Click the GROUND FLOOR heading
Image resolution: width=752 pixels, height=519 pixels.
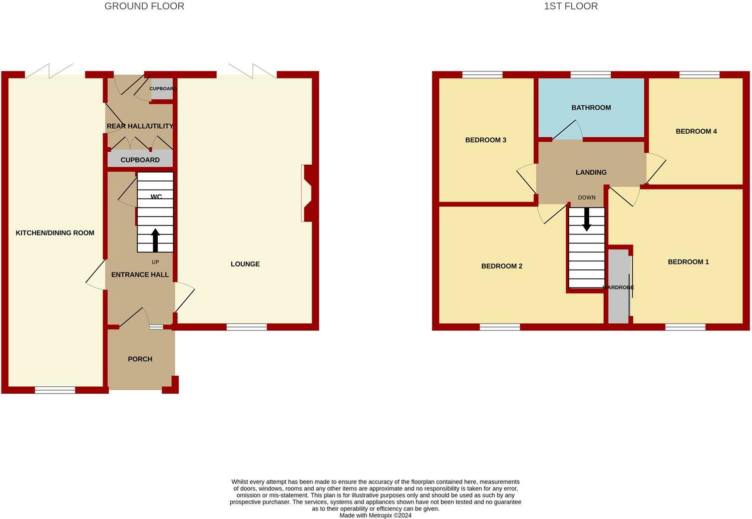click(x=144, y=6)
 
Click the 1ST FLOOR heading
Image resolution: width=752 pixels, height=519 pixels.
click(x=571, y=6)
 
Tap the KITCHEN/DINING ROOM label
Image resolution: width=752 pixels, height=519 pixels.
click(x=55, y=233)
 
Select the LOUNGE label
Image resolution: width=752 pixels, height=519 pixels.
click(x=245, y=264)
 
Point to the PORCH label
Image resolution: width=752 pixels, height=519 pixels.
click(x=140, y=359)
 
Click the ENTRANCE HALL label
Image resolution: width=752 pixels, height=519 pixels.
click(x=140, y=274)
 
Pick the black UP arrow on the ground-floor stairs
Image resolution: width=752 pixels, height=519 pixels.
click(x=155, y=240)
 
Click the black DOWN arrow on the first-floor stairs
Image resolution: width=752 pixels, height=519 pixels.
click(x=587, y=219)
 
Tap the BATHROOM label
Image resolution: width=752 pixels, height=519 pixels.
click(x=591, y=108)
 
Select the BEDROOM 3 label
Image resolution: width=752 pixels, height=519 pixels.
click(x=486, y=140)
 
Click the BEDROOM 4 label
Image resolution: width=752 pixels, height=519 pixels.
click(x=696, y=131)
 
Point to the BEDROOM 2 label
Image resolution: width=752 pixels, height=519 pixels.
click(x=502, y=266)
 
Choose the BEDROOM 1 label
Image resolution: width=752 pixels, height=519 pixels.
click(x=688, y=262)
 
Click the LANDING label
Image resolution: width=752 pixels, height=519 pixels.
click(x=591, y=173)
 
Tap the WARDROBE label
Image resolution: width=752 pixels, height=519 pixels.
click(x=618, y=288)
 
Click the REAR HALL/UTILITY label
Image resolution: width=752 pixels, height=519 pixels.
click(x=140, y=126)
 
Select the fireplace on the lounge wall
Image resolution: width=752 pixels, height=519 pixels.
click(x=307, y=193)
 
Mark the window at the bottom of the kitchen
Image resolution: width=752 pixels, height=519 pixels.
click(x=55, y=390)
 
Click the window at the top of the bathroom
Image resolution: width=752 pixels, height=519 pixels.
click(x=590, y=75)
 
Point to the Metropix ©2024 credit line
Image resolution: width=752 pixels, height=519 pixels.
click(x=376, y=516)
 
